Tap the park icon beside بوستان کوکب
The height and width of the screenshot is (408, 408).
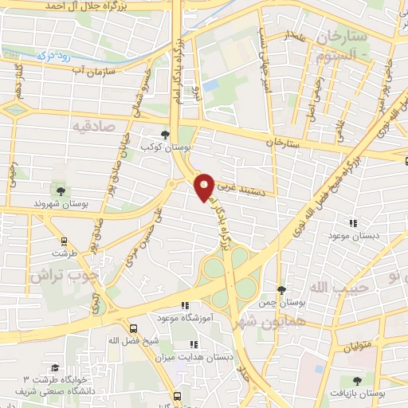(165, 135)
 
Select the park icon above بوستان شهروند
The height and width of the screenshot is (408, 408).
(60, 190)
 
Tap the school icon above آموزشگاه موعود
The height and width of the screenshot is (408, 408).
(185, 304)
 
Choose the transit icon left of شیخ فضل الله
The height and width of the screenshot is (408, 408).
(133, 328)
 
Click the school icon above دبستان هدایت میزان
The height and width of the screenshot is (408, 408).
(194, 345)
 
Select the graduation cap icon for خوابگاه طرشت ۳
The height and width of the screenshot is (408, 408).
(55, 367)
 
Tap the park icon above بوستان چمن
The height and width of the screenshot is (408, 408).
(280, 289)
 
